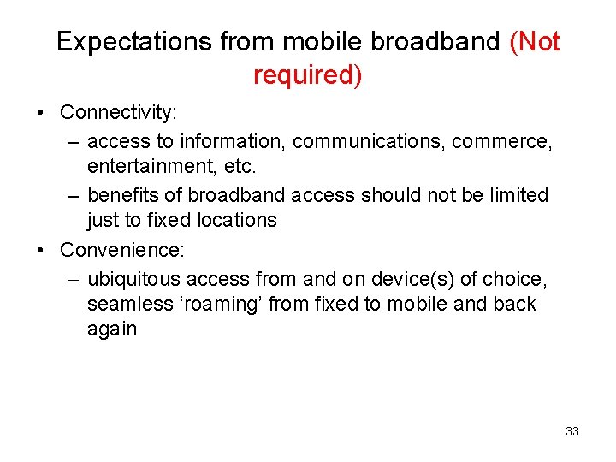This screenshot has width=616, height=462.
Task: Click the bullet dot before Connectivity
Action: [42, 113]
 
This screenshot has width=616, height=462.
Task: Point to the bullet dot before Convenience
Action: [42, 251]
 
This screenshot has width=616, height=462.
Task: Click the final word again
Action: [112, 329]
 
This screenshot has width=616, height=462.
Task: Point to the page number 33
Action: [572, 431]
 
